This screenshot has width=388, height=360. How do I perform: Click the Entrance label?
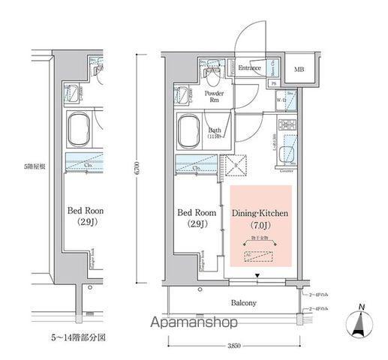click(249, 68)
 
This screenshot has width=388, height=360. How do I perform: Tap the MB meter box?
click(299, 70)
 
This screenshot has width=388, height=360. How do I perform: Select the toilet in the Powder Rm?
click(212, 75)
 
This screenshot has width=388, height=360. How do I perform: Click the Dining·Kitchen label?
click(259, 214)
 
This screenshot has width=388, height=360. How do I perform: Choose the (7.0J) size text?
click(259, 226)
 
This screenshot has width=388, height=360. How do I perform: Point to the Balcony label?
click(242, 303)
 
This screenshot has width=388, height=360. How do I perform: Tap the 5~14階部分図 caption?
click(79, 337)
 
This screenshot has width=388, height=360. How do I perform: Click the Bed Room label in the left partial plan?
click(85, 211)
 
